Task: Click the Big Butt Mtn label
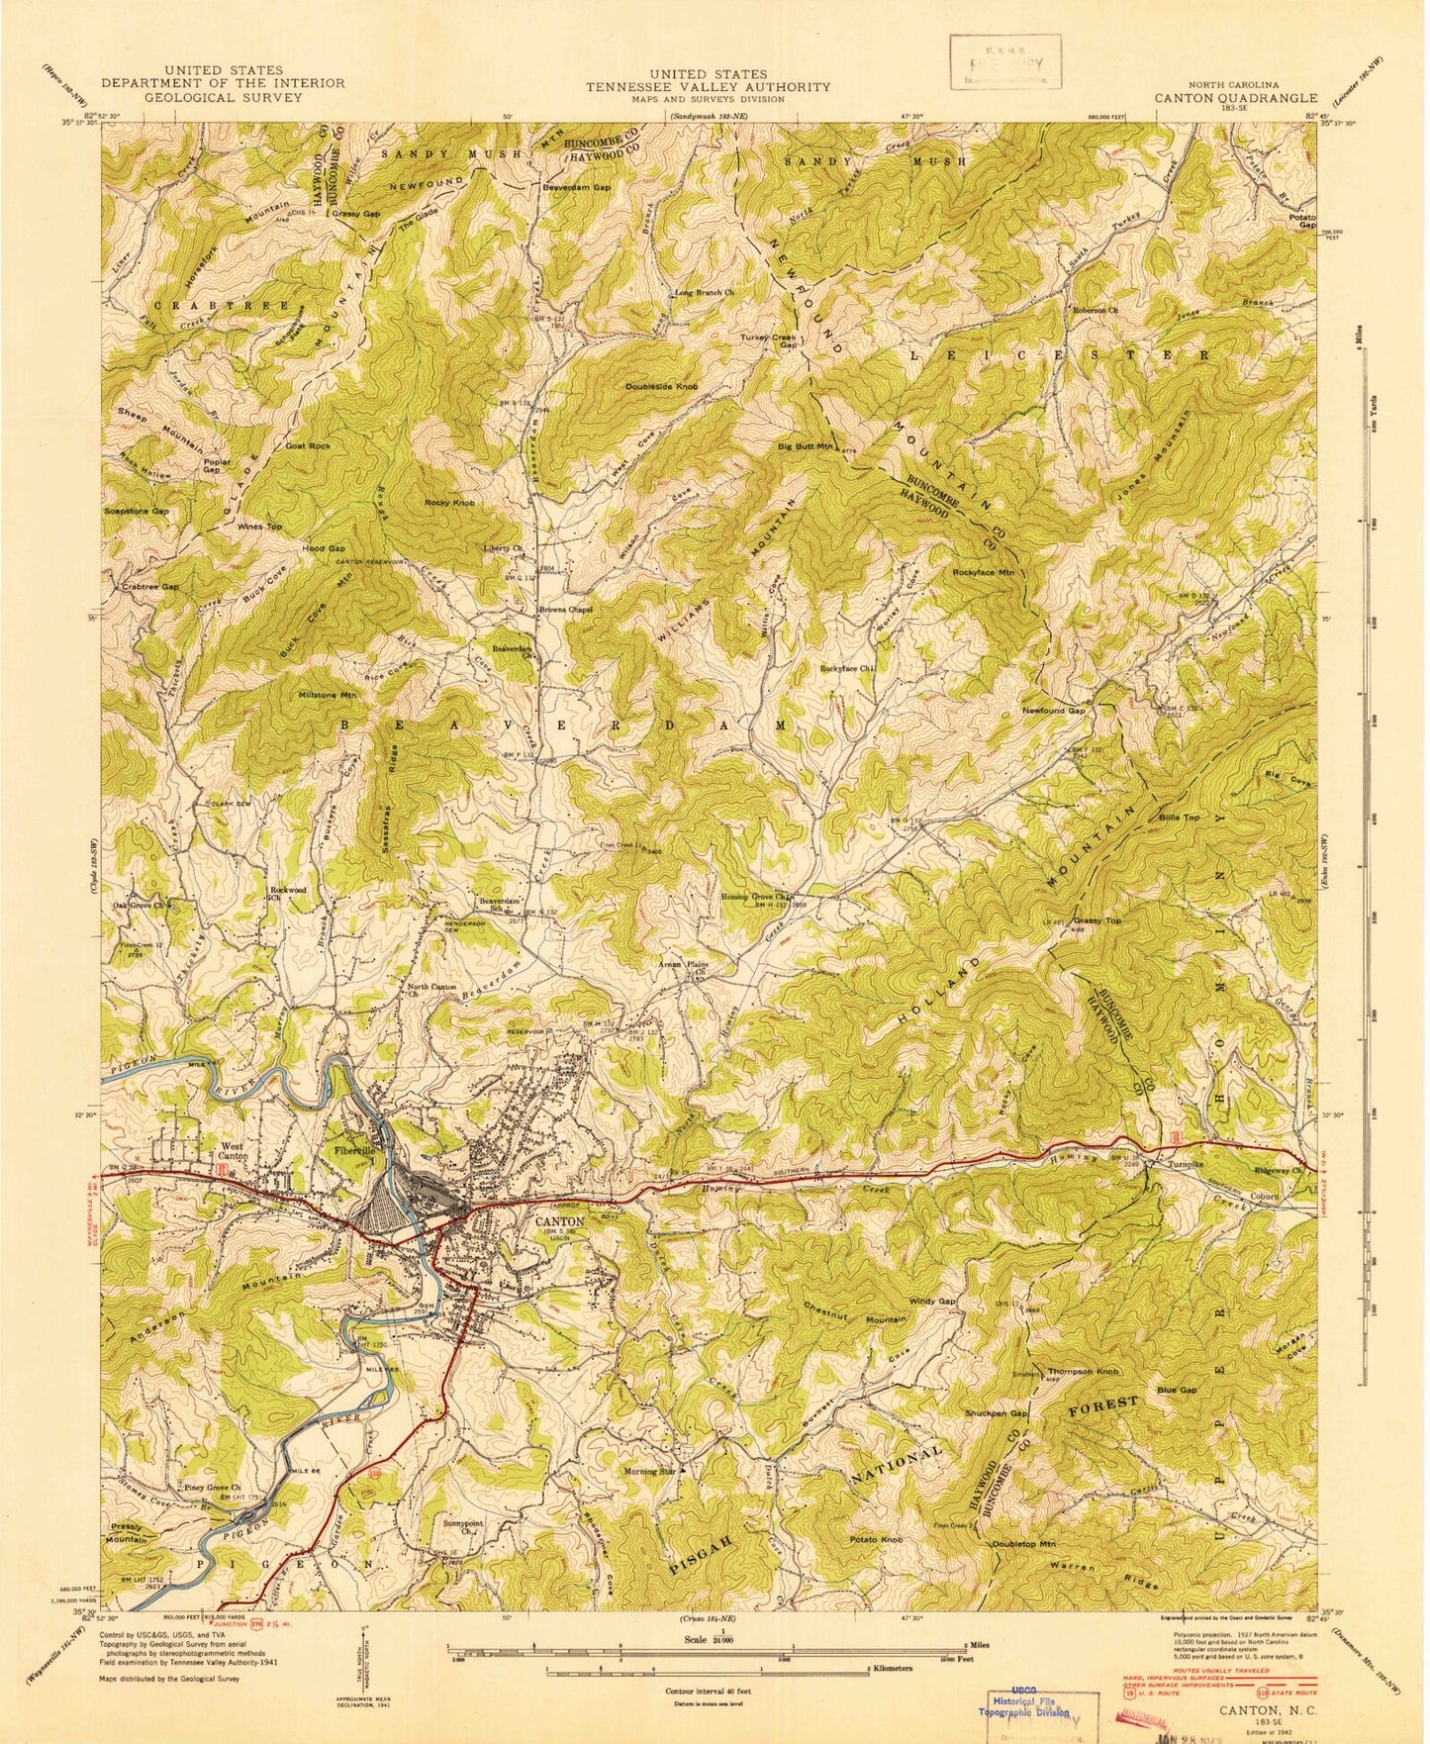click(x=806, y=446)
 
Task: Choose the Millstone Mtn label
click(x=326, y=695)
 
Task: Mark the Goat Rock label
click(x=308, y=446)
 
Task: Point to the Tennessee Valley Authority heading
click(x=708, y=86)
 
